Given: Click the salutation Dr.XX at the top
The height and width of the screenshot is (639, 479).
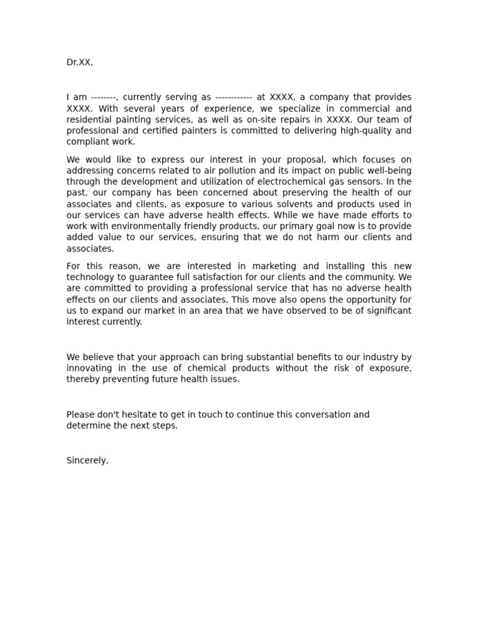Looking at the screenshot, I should [79, 62].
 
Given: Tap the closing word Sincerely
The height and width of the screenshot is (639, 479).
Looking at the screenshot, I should [87, 461].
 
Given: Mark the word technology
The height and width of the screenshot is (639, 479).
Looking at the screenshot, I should [91, 278].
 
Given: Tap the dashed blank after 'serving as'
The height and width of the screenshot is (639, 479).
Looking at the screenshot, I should [233, 97].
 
